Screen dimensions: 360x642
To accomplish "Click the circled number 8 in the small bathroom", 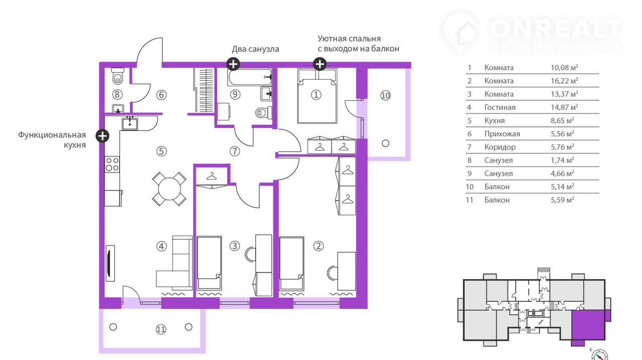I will click(x=117, y=94).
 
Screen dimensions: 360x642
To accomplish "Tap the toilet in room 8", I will click(x=118, y=76).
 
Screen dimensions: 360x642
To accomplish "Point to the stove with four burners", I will click(x=112, y=164).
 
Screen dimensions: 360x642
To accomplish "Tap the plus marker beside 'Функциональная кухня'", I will click(x=102, y=135).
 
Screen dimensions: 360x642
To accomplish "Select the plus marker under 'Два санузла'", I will click(x=233, y=64).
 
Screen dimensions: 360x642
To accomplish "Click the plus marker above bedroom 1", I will click(x=319, y=64).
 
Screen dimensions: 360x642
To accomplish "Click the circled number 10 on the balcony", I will click(x=385, y=95).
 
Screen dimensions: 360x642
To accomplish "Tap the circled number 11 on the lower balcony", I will click(x=160, y=329).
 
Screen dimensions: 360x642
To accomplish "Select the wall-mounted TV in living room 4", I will click(x=110, y=263).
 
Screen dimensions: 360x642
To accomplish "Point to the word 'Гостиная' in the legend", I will click(x=500, y=107).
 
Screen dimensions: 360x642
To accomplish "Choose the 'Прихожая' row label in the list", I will click(x=502, y=134).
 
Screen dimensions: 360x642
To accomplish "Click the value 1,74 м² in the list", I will click(x=562, y=160).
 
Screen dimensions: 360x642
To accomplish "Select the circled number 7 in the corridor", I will click(x=234, y=150).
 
